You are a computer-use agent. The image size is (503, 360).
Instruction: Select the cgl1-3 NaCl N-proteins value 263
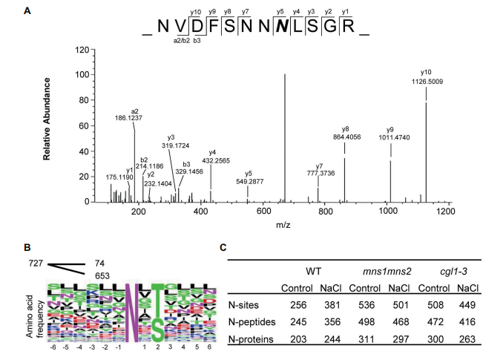click(x=464, y=339)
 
